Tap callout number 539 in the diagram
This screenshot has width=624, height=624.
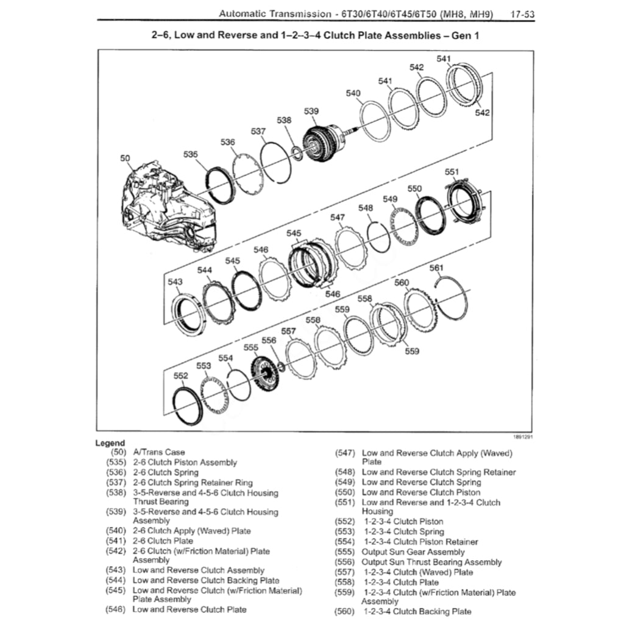point(311,111)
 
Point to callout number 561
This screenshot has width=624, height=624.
point(436,268)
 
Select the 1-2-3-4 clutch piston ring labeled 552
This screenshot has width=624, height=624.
point(188,405)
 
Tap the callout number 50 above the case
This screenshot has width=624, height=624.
point(126,158)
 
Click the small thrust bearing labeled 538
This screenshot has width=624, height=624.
point(297,152)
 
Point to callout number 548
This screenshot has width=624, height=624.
point(365,208)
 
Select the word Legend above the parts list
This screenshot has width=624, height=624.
point(110,443)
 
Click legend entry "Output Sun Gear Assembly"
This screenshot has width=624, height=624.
point(413,552)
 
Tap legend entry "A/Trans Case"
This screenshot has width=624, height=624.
point(158,453)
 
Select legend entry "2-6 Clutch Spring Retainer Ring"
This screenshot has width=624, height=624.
point(193,483)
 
